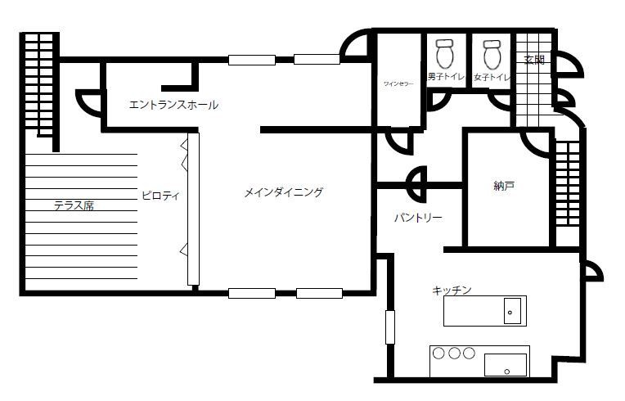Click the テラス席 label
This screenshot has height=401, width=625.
click(x=74, y=205)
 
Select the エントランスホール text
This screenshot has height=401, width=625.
click(x=173, y=105)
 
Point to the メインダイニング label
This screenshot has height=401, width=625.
click(x=284, y=193)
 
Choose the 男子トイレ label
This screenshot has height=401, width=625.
click(x=446, y=77)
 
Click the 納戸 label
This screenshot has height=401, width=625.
click(x=504, y=186)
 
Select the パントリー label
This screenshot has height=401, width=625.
click(x=417, y=218)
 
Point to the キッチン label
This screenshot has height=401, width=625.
click(x=452, y=291)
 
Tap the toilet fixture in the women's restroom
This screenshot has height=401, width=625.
click(x=492, y=53)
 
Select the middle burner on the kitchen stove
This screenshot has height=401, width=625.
click(x=453, y=354)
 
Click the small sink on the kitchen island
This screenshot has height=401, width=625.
click(x=511, y=312)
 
